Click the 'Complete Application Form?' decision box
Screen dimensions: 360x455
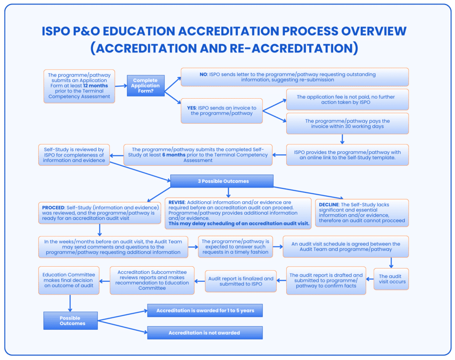tap(146, 86)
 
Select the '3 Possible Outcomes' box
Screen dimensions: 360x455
tap(222, 181)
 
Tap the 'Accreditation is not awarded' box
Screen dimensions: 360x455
tap(204, 333)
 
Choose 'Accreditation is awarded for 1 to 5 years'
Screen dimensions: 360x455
tap(205, 311)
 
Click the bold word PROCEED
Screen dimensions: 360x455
tap(53, 208)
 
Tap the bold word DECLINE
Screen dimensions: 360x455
tap(328, 205)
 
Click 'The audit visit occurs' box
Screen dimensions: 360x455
tap(391, 279)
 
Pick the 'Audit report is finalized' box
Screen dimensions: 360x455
tap(241, 281)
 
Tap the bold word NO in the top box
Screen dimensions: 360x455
tap(204, 74)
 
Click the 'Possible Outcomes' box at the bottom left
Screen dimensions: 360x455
tap(70, 321)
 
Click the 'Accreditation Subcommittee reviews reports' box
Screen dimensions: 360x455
tap(152, 280)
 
